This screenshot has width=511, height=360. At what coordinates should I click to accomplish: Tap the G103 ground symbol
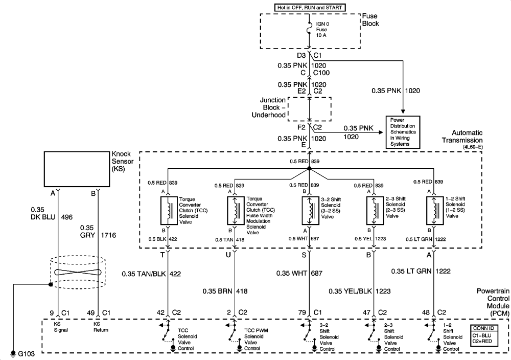coord(13,354)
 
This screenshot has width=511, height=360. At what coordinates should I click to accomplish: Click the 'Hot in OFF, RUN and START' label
coord(310,7)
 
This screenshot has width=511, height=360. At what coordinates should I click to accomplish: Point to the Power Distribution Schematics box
coord(403,132)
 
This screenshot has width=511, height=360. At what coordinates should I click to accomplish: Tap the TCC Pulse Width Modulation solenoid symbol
coord(235,211)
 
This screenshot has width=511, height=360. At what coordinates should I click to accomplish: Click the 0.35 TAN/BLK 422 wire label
coord(151,274)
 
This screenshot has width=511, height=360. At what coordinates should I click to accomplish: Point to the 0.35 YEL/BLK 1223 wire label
coord(359,291)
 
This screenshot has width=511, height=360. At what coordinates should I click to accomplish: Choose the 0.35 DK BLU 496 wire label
coord(52,213)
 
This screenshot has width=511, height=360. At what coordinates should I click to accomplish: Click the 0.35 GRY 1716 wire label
coord(98,232)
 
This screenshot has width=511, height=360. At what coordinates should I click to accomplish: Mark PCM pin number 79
coord(302,312)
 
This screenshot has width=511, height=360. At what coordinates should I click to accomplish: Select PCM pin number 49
coord(90,313)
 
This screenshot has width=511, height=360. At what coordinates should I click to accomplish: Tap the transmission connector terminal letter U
coord(228,255)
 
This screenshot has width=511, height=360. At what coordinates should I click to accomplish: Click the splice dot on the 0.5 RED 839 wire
coord(309,168)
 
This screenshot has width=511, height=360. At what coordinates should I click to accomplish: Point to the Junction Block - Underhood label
coord(269,107)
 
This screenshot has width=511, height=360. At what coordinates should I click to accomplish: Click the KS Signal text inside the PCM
coord(61,327)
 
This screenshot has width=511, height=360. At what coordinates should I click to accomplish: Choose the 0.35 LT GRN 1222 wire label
coord(421,271)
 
